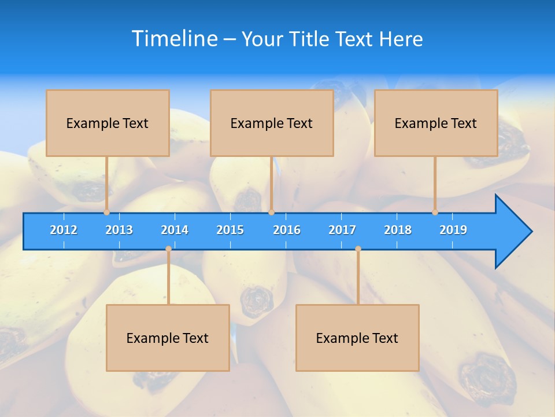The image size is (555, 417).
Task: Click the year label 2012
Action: (64, 230)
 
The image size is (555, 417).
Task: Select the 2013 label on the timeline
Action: (119, 230)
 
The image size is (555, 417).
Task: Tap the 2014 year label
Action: (175, 230)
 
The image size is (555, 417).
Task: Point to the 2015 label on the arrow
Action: (230, 230)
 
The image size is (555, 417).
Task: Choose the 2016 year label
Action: (287, 230)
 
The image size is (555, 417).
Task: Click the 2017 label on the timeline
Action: (342, 230)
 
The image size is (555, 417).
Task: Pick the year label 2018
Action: (398, 230)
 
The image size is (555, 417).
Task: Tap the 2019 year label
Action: (453, 230)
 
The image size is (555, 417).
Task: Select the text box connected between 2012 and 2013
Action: (108, 123)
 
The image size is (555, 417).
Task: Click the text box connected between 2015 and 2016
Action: (272, 123)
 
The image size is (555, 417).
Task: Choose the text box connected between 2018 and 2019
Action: (436, 123)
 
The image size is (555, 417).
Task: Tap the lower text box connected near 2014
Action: (168, 338)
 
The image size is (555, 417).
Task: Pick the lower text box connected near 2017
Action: (357, 338)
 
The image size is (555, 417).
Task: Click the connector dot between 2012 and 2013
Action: (107, 212)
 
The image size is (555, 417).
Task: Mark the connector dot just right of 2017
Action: (358, 248)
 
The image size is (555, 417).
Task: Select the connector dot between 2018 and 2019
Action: (435, 212)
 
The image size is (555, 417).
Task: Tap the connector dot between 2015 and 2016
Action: (271, 212)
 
